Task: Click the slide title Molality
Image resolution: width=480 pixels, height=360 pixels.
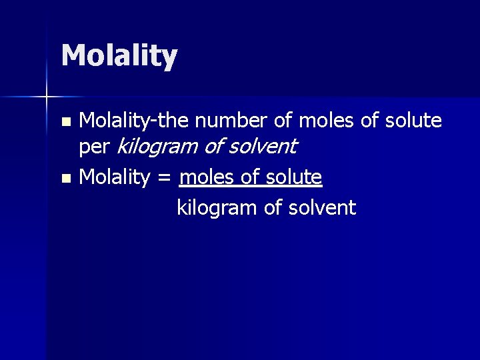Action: [x=119, y=56]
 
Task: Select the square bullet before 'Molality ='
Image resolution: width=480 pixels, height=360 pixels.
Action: [x=65, y=179]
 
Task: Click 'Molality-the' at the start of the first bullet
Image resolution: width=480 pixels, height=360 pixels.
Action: [x=133, y=121]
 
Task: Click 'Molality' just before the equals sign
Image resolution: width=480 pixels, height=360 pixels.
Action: [x=114, y=177]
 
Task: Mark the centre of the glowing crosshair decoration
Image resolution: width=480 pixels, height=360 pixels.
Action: [x=47, y=98]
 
